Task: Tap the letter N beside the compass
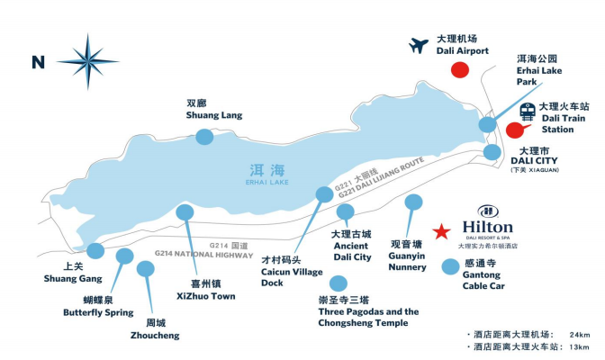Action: (x=38, y=62)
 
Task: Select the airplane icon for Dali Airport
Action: (x=418, y=45)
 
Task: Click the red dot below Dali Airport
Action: (x=460, y=71)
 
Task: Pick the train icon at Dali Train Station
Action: (x=522, y=112)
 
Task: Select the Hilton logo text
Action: (x=487, y=227)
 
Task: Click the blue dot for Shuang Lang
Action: (x=204, y=136)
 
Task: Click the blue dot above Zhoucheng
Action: (x=145, y=268)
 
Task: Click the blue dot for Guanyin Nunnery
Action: (x=413, y=202)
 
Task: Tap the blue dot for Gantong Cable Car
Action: (x=451, y=266)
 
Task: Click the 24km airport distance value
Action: (x=578, y=332)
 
